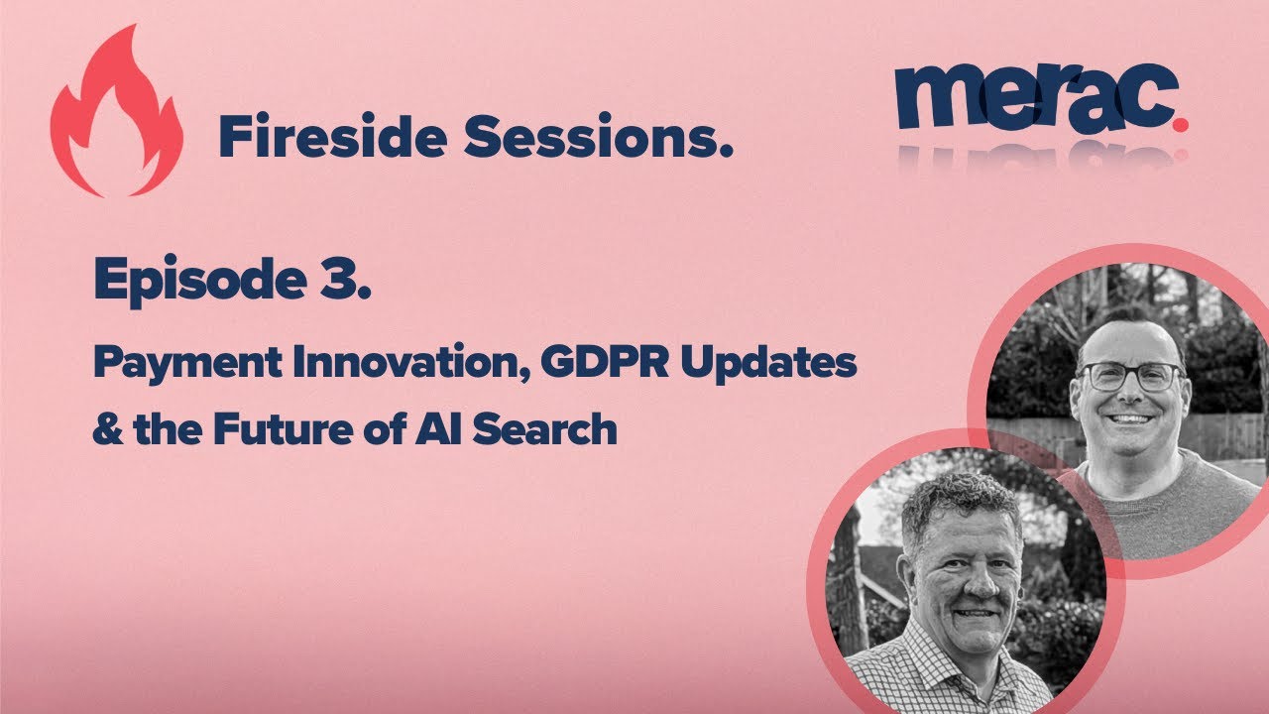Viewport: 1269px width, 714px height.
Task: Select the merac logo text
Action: coord(1031,96)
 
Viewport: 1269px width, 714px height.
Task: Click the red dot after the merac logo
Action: coord(1180,123)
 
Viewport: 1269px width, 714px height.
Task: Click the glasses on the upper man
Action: coord(1129,377)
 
